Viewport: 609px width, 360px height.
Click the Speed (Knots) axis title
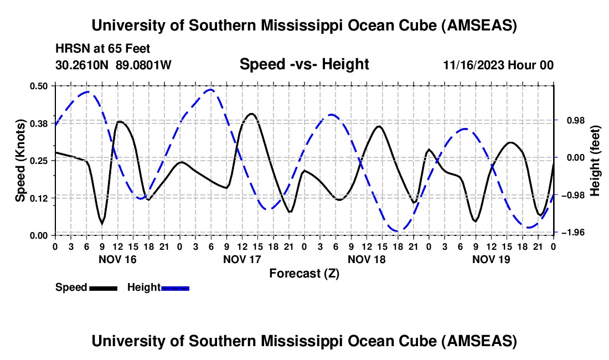20,161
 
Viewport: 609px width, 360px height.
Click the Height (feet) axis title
595,160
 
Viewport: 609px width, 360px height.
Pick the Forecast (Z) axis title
304,273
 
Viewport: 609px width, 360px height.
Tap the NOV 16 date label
117,259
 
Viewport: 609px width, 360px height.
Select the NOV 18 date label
367,259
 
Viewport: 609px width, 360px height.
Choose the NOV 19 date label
491,259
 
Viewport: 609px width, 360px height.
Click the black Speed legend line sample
103,287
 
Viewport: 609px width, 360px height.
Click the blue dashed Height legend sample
176,287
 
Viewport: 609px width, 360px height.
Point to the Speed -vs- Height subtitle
304,65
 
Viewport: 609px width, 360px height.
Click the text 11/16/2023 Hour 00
498,65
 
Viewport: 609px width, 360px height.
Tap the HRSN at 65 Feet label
103,49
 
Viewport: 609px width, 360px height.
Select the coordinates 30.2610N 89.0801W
113,65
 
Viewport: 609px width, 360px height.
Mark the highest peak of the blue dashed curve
209,89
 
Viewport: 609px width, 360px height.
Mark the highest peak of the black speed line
252,114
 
